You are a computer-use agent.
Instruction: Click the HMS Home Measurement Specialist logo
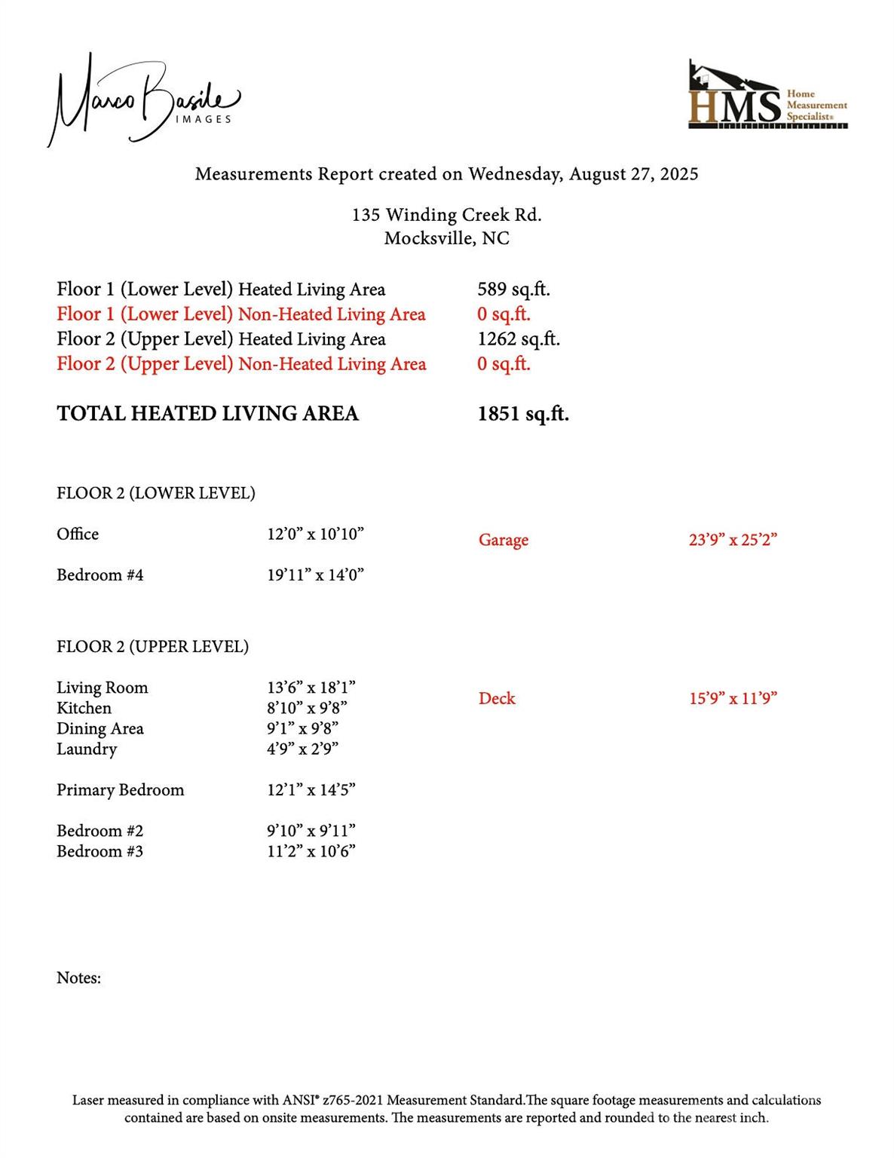767,96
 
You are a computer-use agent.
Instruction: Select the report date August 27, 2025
633,174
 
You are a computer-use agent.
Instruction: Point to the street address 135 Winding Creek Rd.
446,215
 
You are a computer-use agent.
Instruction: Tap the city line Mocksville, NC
446,239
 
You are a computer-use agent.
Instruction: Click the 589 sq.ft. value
513,289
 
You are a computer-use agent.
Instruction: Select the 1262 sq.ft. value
519,339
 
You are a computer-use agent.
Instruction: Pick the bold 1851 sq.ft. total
523,414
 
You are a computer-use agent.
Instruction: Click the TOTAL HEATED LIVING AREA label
207,414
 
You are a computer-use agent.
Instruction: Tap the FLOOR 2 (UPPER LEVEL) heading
152,647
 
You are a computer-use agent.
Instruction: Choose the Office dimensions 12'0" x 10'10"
315,535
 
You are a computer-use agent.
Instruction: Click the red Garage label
503,541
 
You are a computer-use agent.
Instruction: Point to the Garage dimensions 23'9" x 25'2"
733,541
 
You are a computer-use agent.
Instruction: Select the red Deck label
497,699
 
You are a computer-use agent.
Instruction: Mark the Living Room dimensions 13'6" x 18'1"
311,688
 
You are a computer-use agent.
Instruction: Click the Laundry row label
87,749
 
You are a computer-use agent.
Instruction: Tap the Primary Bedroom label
120,790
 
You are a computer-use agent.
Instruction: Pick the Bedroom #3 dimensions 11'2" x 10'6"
311,852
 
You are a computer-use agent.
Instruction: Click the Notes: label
78,979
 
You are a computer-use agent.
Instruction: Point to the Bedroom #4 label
100,575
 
